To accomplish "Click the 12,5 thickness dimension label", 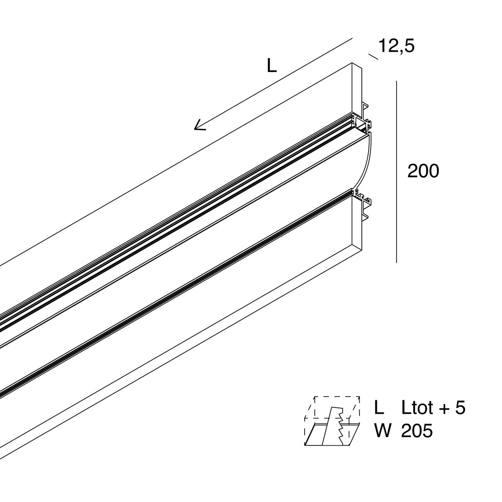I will pyautogui.click(x=396, y=46).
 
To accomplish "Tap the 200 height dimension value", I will pyautogui.click(x=423, y=171).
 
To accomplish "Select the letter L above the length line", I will pyautogui.click(x=272, y=66).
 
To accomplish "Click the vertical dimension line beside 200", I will pyautogui.click(x=396, y=172).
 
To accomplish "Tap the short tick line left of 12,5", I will pyautogui.click(x=373, y=56).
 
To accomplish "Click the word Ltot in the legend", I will pyautogui.click(x=417, y=407).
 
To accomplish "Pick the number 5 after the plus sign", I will pyautogui.click(x=460, y=407).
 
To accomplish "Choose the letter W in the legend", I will pyautogui.click(x=382, y=431).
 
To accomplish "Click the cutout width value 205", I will pyautogui.click(x=417, y=431).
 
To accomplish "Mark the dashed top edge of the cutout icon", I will pyautogui.click(x=337, y=396).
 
